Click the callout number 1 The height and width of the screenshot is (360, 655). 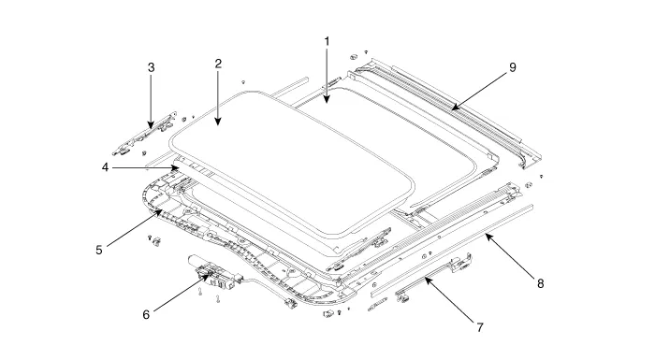(327, 42)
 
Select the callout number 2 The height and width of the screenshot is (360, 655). (218, 64)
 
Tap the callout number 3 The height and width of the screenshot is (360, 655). (152, 67)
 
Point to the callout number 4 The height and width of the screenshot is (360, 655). (105, 167)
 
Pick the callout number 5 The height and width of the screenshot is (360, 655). (99, 251)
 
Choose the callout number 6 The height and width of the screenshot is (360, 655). (146, 314)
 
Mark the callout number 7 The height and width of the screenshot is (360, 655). (480, 327)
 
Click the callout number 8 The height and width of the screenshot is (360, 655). (541, 284)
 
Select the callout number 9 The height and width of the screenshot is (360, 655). (512, 67)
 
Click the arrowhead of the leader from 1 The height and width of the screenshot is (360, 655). (327, 100)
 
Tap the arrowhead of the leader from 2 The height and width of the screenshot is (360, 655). (218, 122)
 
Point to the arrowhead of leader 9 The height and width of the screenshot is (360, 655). (455, 108)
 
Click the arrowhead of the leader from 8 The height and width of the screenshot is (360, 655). (488, 237)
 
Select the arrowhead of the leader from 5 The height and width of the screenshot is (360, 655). (160, 212)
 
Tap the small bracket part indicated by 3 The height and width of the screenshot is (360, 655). (145, 133)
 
